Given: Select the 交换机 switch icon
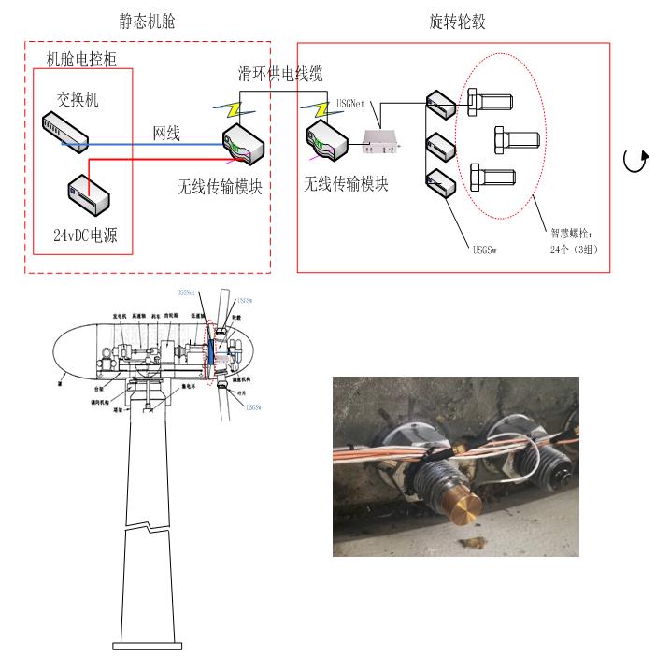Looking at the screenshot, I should tap(65, 133).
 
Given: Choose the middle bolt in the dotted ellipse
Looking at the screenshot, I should tap(515, 141).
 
